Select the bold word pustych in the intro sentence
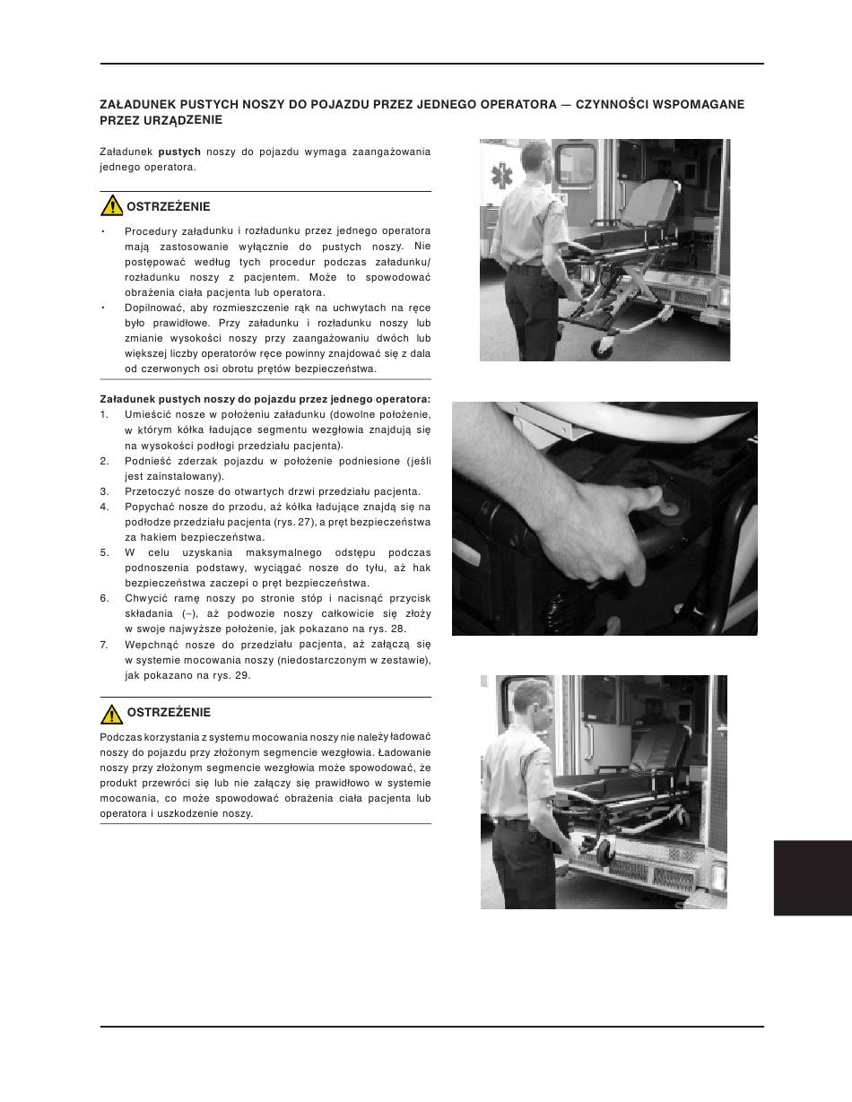[179, 152]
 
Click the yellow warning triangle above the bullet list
[111, 205]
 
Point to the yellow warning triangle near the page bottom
[111, 714]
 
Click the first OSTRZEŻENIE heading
[169, 206]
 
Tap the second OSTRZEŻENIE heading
[169, 713]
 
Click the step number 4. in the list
[104, 507]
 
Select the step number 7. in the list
[104, 645]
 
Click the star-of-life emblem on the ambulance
[501, 176]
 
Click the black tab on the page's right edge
[813, 878]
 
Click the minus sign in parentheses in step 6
[188, 613]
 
